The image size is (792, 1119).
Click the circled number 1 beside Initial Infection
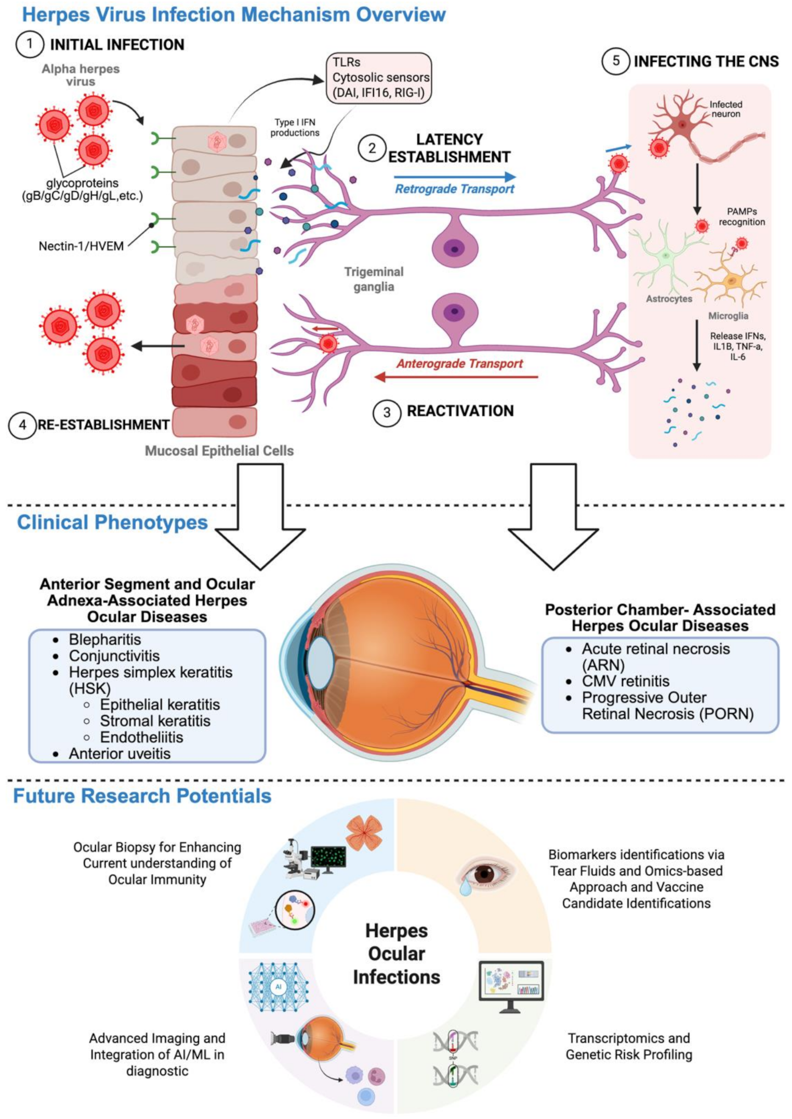pos(30,44)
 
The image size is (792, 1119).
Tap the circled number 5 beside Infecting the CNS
pos(616,61)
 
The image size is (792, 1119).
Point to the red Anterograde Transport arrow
pos(456,377)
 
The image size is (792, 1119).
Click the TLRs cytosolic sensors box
pos(379,77)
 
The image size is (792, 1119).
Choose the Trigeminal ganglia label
pos(374,279)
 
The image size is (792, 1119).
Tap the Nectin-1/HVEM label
pos(81,246)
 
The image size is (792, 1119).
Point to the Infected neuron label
pos(725,109)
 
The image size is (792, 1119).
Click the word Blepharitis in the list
pos(105,640)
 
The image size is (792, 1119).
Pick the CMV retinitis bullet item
pos(625,681)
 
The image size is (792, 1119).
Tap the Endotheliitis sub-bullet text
pos(141,737)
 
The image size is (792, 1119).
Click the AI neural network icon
pos(279,987)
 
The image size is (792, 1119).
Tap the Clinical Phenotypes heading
pos(112,522)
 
